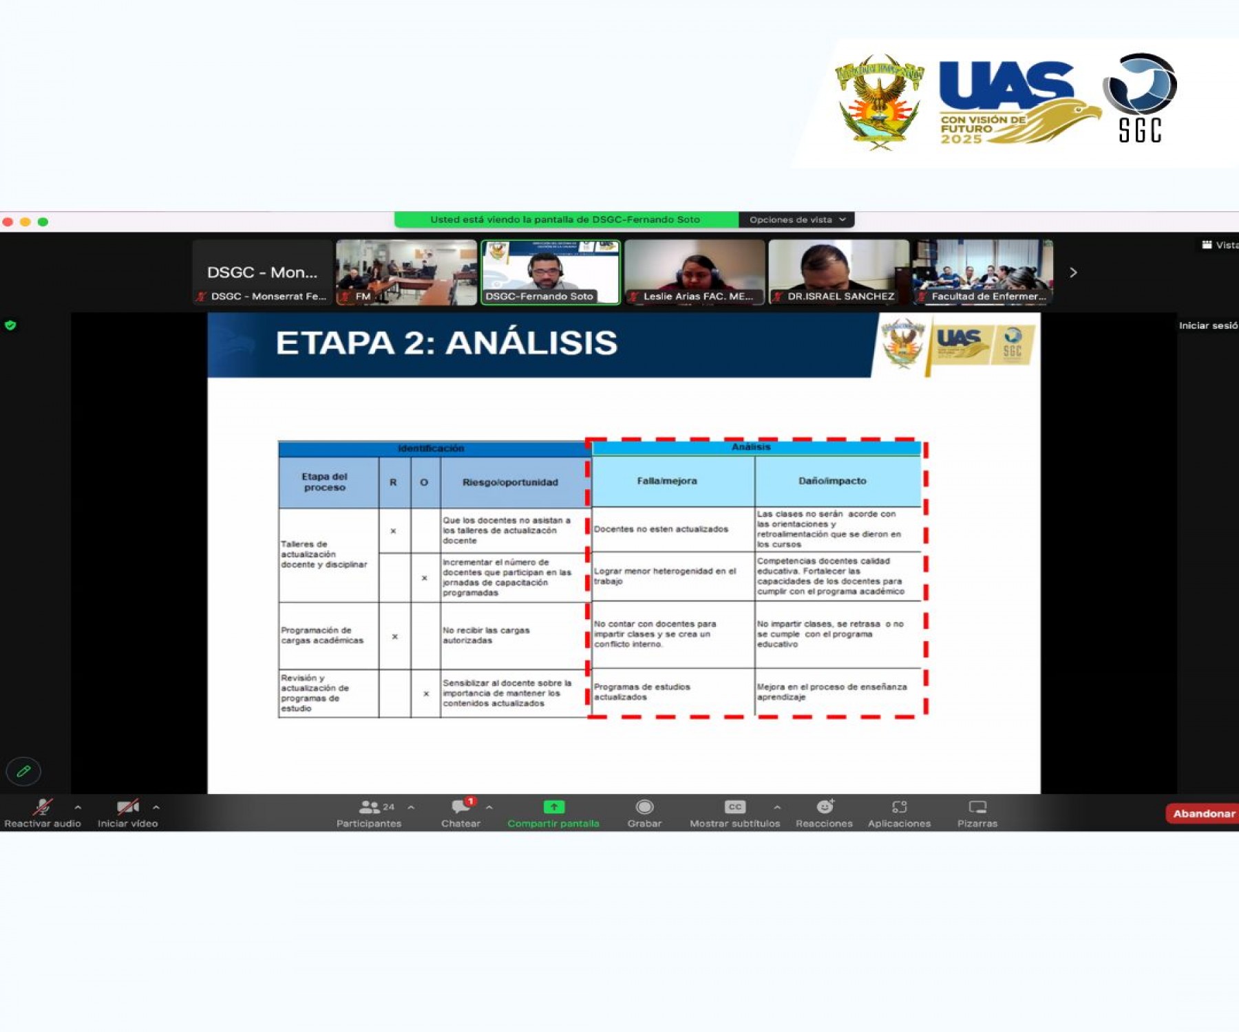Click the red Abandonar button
pos(1203,813)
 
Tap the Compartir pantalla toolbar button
pos(553,813)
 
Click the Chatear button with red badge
pos(461,813)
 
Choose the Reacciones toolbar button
pos(824,813)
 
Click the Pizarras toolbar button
pos(977,813)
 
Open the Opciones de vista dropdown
pos(796,219)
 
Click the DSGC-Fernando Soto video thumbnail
pos(550,272)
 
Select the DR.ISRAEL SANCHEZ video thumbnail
pos(838,272)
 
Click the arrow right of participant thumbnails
pos(1073,272)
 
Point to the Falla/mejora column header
pos(667,481)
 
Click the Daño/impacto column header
pos(832,481)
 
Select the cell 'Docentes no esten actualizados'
pos(661,529)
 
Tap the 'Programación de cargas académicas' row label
pos(322,635)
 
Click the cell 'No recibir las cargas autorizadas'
pos(486,635)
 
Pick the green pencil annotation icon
pos(23,771)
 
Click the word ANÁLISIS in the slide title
pos(531,343)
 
